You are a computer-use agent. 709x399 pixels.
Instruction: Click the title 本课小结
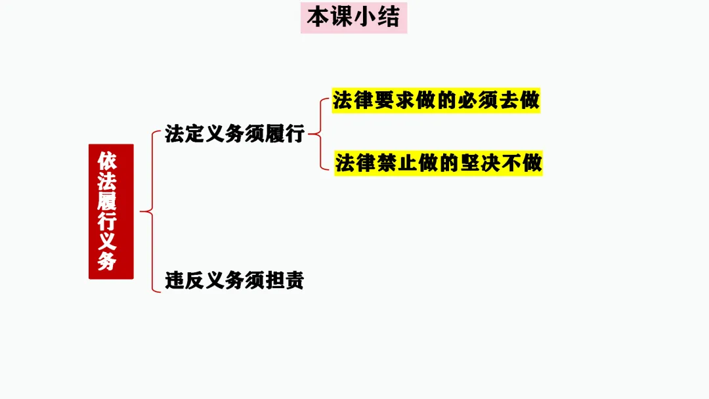[x=354, y=18]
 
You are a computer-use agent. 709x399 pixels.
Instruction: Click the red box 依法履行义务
[x=111, y=211]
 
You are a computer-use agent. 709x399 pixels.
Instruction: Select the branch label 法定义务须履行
[x=234, y=134]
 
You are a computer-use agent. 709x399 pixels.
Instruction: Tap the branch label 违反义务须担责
[x=234, y=281]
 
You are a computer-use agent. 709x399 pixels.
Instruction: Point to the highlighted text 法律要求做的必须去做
[x=436, y=101]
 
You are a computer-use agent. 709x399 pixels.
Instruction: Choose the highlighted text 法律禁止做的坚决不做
[x=439, y=163]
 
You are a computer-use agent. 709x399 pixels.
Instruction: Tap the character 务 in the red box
[x=108, y=261]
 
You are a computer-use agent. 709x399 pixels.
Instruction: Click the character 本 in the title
[x=318, y=18]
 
